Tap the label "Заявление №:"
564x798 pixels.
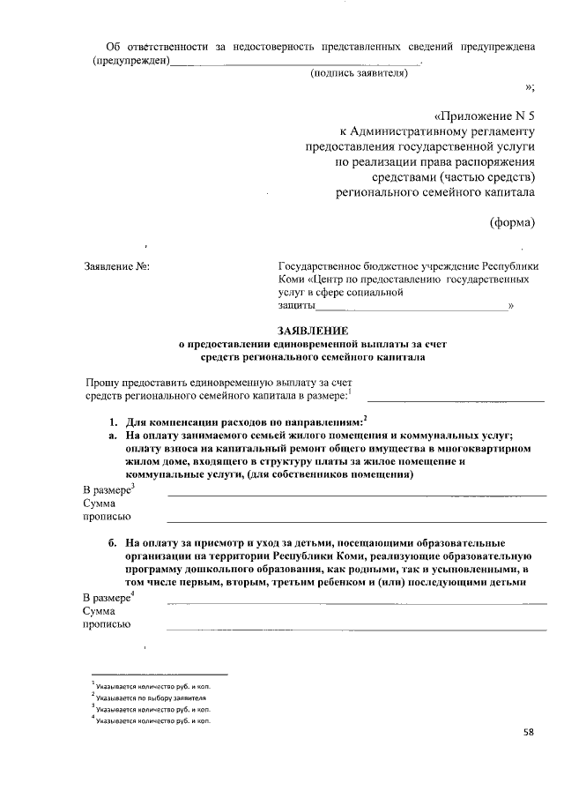click(116, 266)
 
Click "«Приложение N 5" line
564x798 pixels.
click(485, 116)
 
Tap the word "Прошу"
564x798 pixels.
click(103, 382)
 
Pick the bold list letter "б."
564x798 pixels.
click(114, 542)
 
